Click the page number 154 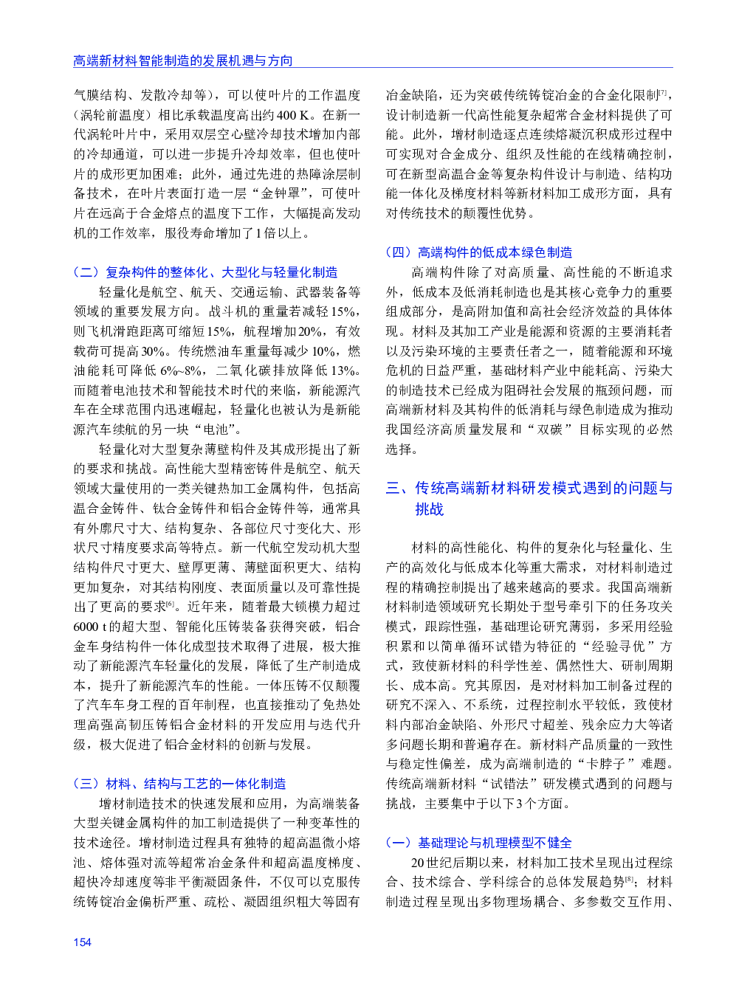(x=83, y=942)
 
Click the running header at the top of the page (x=182, y=61)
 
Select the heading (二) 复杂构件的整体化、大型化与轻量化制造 (x=206, y=272)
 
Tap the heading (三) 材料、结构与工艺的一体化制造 (x=179, y=784)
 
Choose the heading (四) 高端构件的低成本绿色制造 (x=479, y=252)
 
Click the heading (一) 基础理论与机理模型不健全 (x=479, y=843)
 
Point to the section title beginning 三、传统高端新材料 (x=529, y=498)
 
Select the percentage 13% (x=344, y=370)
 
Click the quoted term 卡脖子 (x=605, y=764)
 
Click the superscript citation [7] (x=664, y=92)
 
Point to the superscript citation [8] (x=629, y=879)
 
